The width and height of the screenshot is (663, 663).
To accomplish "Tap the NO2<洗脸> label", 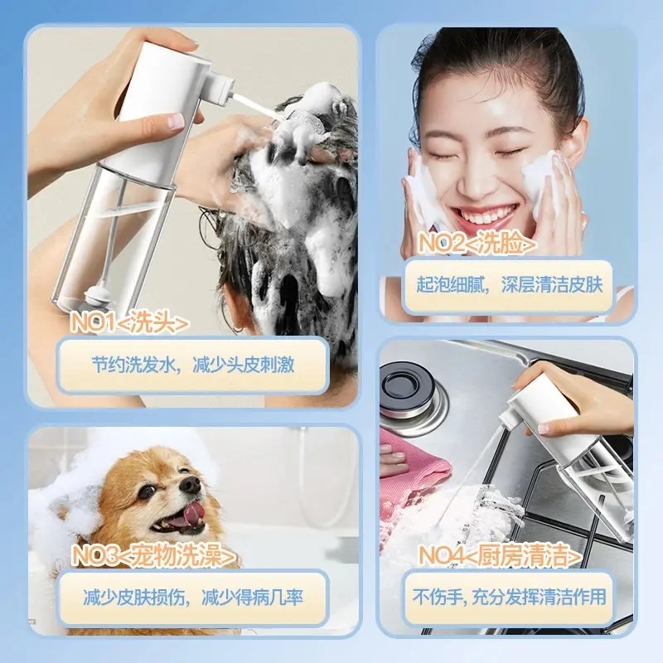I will pos(476,244).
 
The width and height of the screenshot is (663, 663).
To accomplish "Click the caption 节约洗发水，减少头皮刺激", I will pos(191,365).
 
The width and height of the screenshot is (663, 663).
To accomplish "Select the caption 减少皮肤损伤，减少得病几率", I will pos(191,597).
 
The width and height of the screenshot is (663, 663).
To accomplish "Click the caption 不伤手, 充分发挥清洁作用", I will pos(509,597).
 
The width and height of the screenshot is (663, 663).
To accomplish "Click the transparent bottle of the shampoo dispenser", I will pos(108,240).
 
